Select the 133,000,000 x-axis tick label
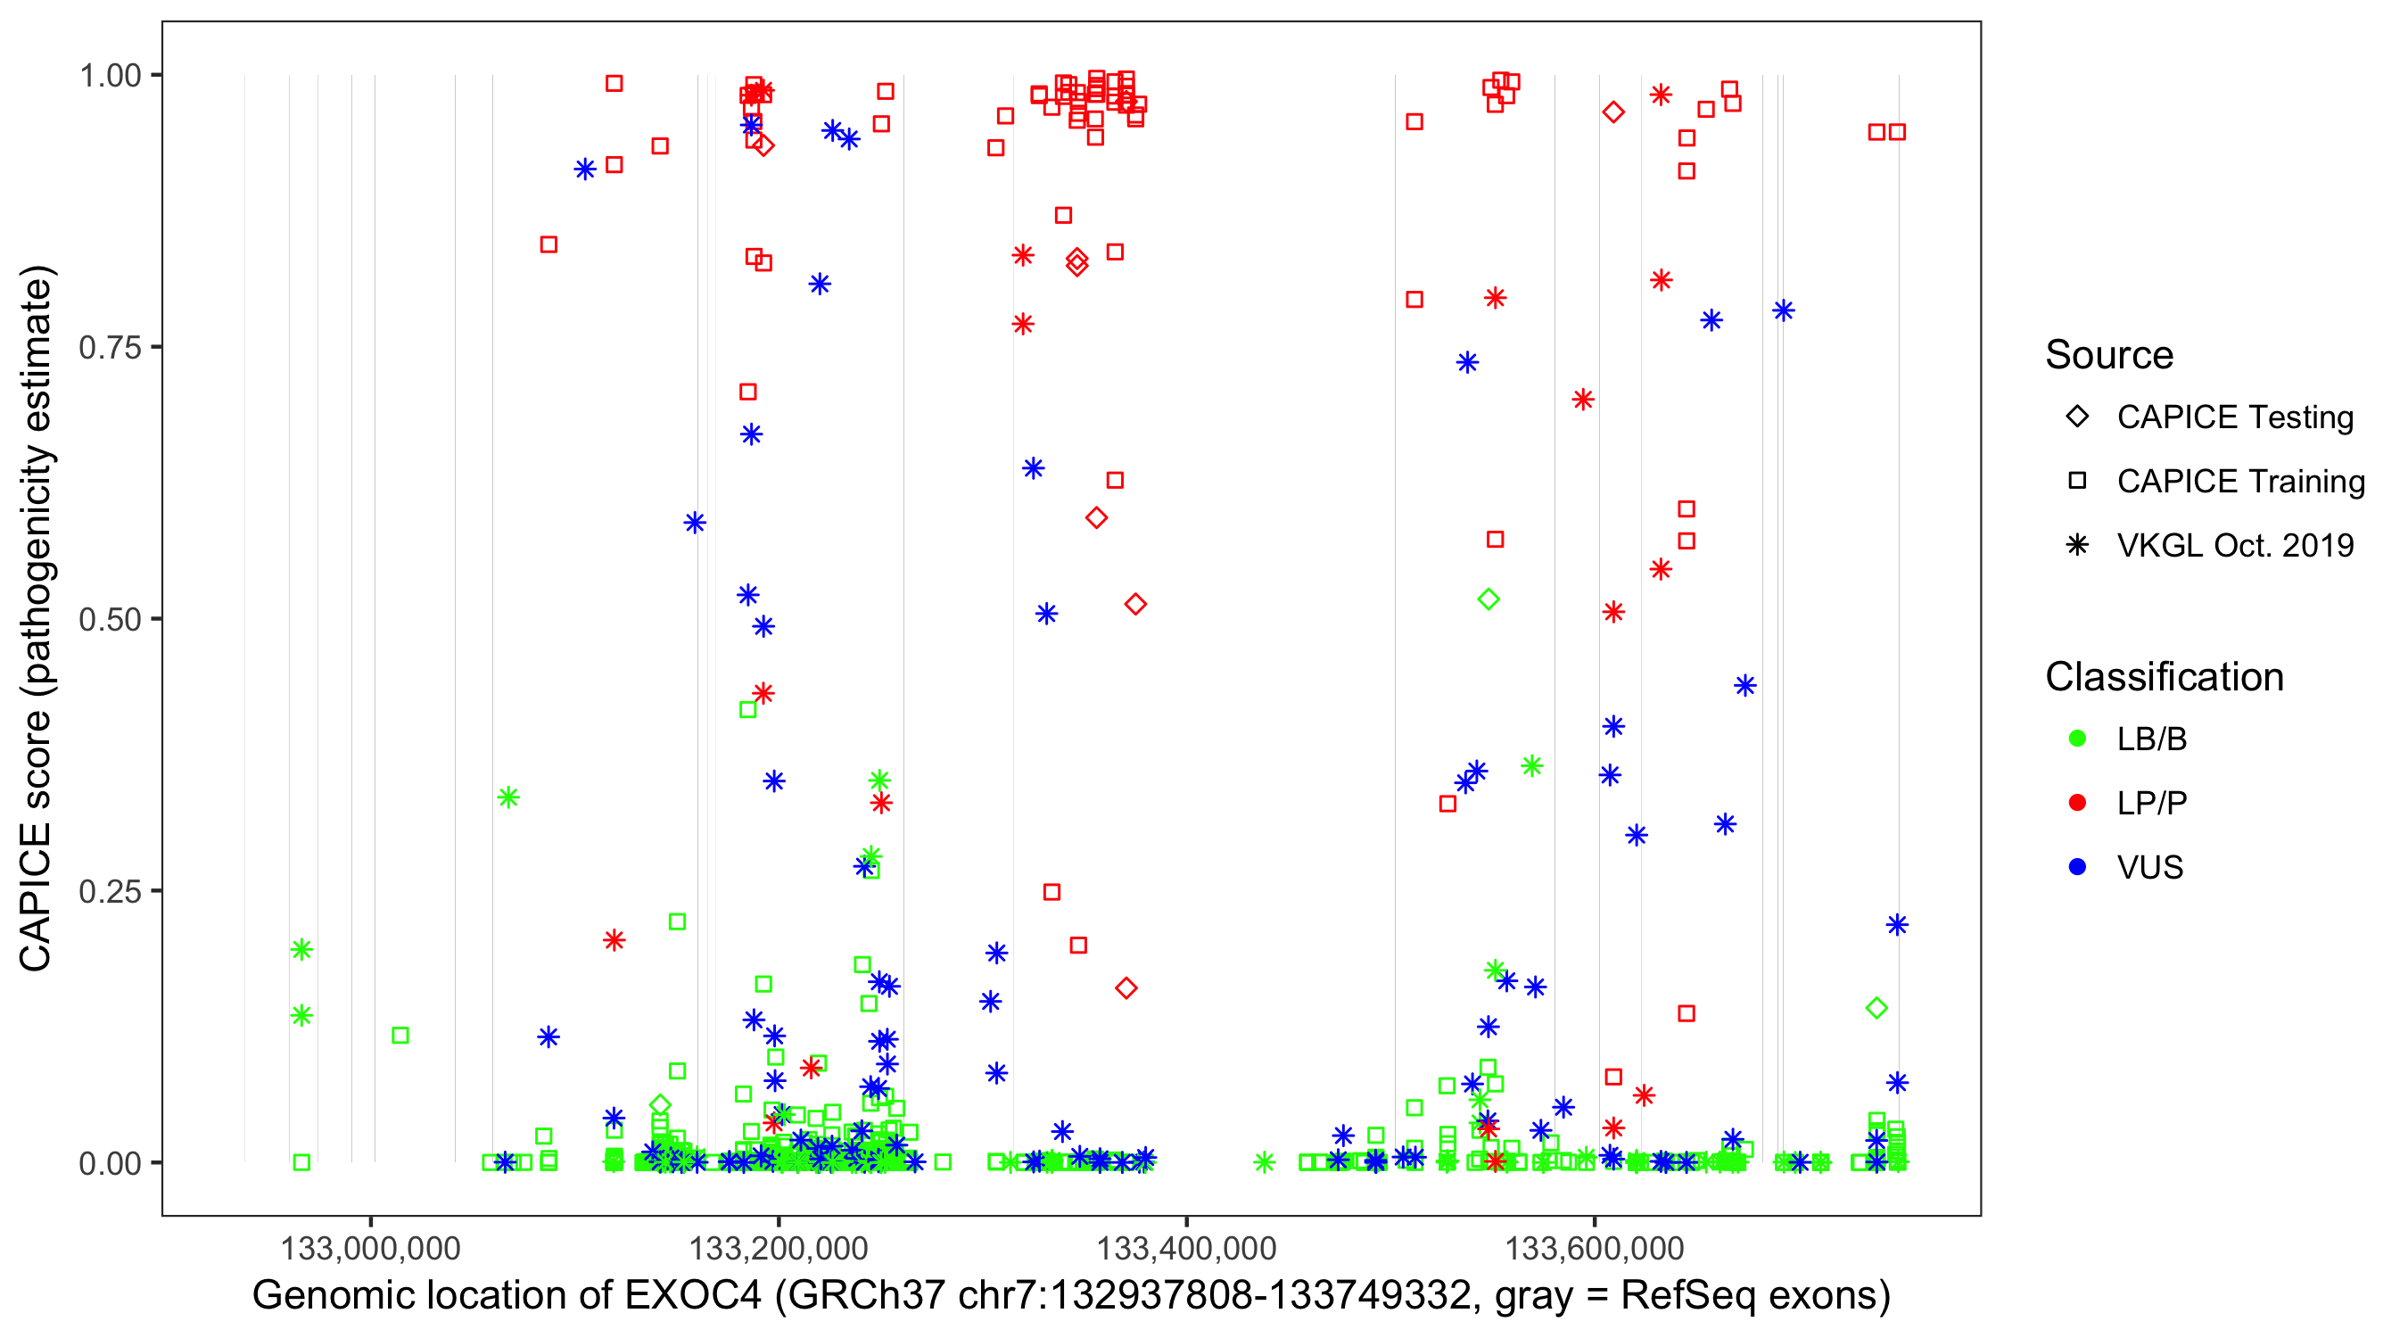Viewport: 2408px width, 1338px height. click(x=370, y=1248)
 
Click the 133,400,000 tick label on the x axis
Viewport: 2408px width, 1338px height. click(x=1186, y=1248)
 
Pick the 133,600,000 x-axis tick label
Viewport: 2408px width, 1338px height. click(x=1594, y=1248)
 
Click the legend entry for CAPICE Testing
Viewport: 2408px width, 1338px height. click(x=2234, y=417)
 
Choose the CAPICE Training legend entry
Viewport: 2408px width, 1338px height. click(x=2239, y=482)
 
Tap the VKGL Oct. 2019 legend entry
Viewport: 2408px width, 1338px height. click(x=2234, y=545)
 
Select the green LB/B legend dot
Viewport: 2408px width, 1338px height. click(x=2077, y=739)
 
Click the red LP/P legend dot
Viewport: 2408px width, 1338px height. click(x=2077, y=803)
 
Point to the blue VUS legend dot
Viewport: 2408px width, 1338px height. click(x=2077, y=868)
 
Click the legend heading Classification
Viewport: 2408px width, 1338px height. click(x=2164, y=677)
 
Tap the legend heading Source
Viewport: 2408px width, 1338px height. click(x=2109, y=355)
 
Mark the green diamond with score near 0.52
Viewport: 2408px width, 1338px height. click(x=1489, y=599)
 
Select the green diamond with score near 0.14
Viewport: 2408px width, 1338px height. click(x=1876, y=1008)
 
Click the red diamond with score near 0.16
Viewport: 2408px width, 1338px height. click(x=1126, y=988)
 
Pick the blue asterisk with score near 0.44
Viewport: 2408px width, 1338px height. click(x=1744, y=685)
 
